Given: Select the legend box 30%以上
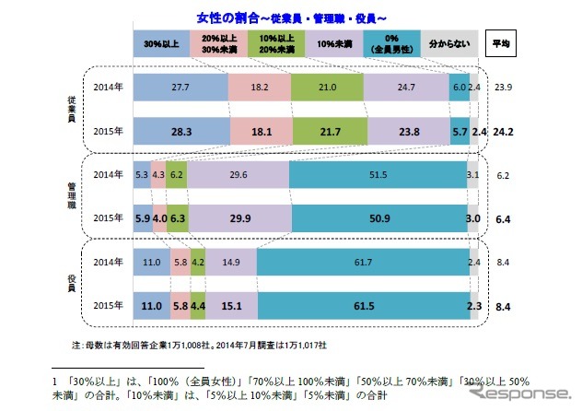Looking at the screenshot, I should (161, 43).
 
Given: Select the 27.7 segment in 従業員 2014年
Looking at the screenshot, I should (180, 87).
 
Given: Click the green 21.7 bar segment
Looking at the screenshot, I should (327, 131).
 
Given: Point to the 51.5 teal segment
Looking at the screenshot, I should (378, 175).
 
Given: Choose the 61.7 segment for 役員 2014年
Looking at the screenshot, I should (361, 263).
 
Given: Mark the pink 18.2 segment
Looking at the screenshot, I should (259, 87).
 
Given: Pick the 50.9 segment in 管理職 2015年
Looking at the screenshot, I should (378, 218).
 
